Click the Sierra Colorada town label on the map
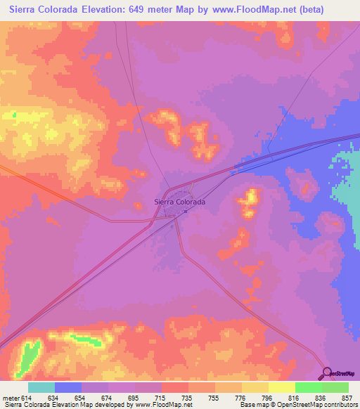point(180,202)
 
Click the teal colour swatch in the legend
point(41,387)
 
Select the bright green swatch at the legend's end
point(335,387)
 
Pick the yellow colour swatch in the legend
point(281,387)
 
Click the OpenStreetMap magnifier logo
point(327,373)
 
